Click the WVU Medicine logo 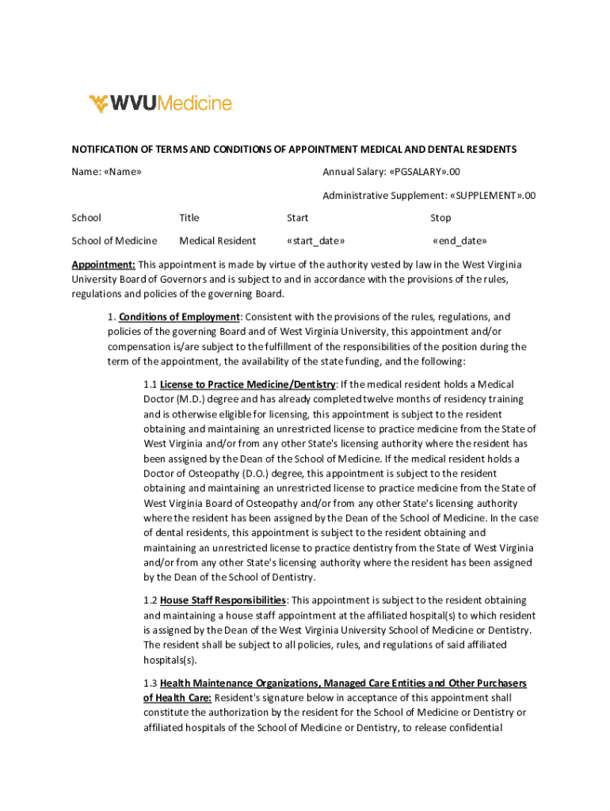[x=160, y=104]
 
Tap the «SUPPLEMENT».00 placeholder [x=493, y=196]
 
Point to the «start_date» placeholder [x=315, y=241]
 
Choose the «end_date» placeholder [x=459, y=241]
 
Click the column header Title [x=189, y=218]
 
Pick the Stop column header [x=440, y=218]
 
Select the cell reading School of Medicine [x=114, y=241]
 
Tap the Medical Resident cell [x=218, y=241]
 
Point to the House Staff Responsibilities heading [x=223, y=600]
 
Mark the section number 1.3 [x=151, y=683]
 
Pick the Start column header [x=297, y=218]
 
